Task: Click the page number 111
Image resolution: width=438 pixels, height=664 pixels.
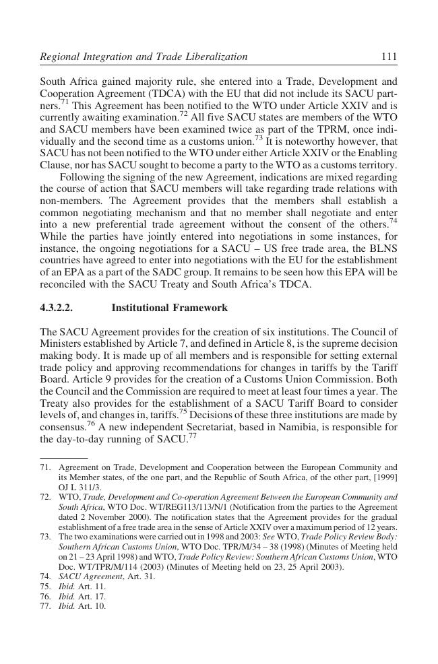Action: (x=389, y=57)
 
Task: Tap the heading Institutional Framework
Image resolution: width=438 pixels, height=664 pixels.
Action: (x=169, y=308)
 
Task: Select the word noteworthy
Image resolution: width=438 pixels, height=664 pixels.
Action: (x=322, y=141)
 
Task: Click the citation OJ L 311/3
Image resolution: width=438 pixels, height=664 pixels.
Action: (x=80, y=487)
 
